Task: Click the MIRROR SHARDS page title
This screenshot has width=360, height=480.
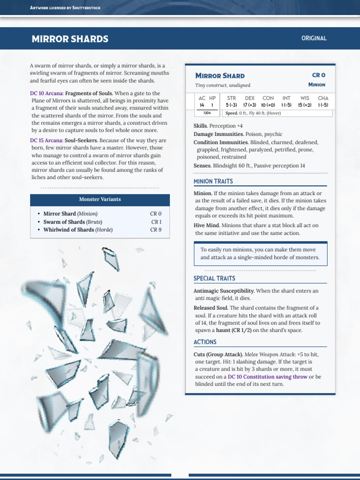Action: (x=70, y=39)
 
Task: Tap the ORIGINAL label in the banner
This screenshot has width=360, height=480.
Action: (x=314, y=38)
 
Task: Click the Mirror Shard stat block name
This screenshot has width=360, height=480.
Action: (x=220, y=75)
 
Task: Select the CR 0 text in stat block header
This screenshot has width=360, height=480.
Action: (x=318, y=75)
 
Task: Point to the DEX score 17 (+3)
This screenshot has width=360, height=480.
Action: (x=250, y=105)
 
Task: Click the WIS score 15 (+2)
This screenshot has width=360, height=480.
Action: (x=305, y=105)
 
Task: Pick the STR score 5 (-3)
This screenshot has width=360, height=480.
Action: (x=231, y=105)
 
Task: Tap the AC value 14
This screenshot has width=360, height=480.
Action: (x=202, y=105)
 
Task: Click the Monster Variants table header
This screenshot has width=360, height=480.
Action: (x=99, y=199)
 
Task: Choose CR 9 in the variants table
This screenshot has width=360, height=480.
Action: (x=156, y=230)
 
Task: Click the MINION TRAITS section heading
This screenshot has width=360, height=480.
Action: (x=213, y=181)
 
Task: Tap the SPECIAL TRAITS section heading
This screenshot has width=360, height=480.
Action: (x=214, y=279)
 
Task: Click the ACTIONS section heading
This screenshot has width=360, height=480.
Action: (x=205, y=342)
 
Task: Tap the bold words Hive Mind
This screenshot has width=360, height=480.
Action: (x=206, y=225)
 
